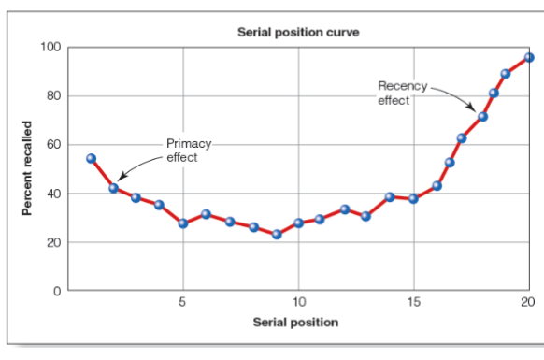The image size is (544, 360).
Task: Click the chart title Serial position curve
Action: [298, 32]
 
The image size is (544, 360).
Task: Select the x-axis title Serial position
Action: [295, 323]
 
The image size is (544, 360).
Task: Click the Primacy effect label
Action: [188, 151]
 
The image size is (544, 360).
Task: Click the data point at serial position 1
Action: [91, 158]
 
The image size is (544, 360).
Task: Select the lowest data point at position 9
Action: [277, 235]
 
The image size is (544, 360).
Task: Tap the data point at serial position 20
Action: [529, 57]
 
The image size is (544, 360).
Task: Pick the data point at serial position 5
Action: [183, 223]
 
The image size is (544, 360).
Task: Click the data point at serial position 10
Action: [299, 223]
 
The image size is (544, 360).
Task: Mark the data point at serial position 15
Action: [413, 198]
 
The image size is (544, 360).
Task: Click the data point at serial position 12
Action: [345, 209]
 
